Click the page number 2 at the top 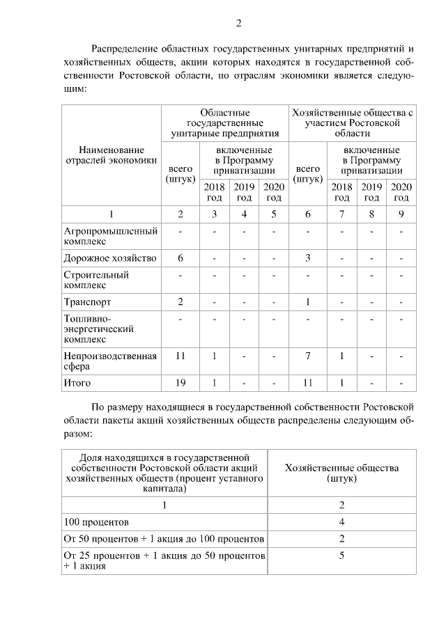238,24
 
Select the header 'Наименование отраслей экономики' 111,156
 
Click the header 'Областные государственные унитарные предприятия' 225,123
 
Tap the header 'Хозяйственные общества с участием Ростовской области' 353,123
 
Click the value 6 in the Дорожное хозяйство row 180,258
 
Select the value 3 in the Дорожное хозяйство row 308,258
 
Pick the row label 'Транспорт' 88,302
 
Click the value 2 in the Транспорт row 180,302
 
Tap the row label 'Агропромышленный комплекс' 110,236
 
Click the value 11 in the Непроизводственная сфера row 180,356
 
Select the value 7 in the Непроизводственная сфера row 308,356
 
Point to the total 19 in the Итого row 180,382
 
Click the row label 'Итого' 77,382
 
